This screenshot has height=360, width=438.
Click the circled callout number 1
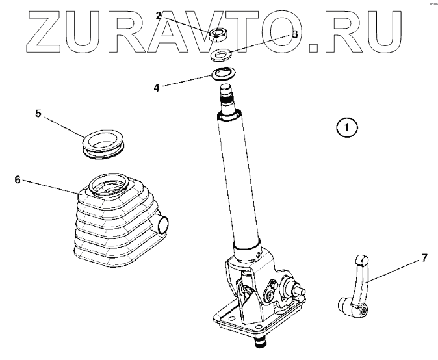click(348, 127)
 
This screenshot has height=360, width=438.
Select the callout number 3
click(295, 35)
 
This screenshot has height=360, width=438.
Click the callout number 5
click(38, 113)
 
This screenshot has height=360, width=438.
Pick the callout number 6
click(18, 179)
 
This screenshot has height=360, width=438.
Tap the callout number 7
click(424, 259)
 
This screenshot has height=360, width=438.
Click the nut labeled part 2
click(218, 34)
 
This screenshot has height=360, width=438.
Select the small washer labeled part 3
click(221, 54)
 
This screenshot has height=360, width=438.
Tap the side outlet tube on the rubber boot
click(163, 224)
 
